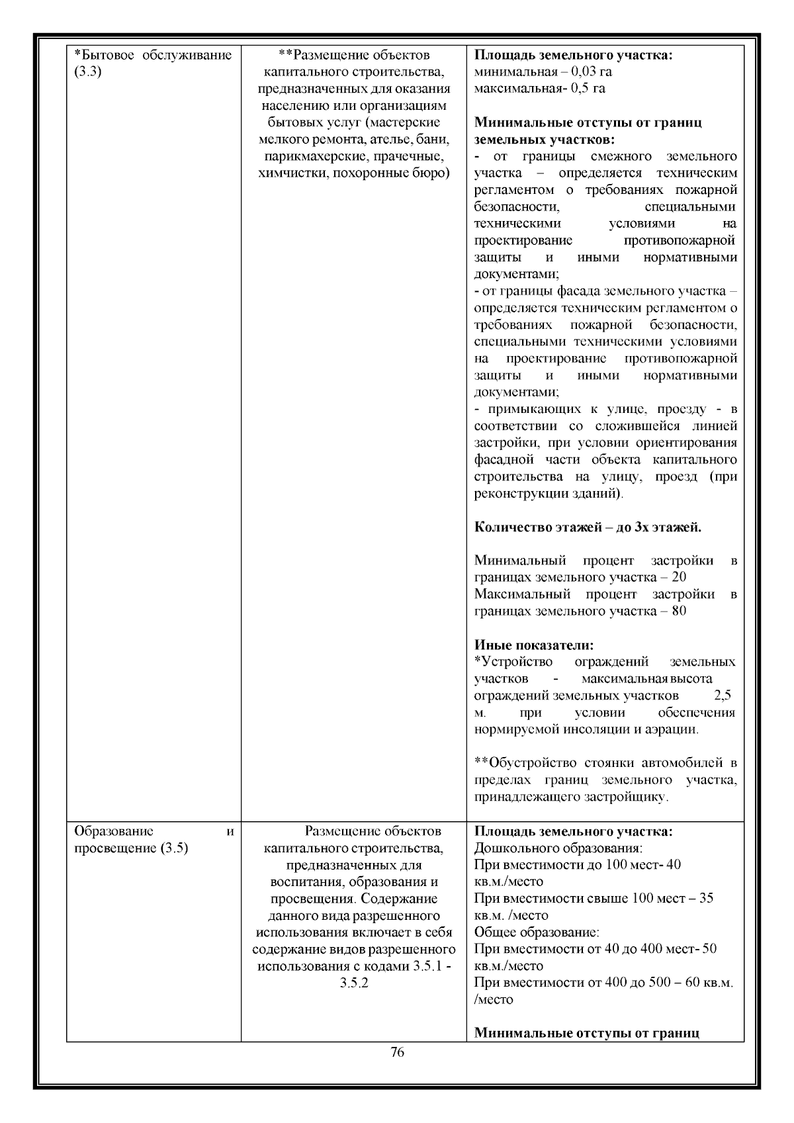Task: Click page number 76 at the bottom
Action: [397, 1052]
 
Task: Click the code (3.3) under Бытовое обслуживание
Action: [87, 72]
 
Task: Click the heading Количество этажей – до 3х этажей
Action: [588, 527]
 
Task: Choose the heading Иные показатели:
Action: [534, 645]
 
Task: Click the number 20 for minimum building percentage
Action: [678, 577]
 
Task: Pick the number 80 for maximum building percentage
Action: [678, 611]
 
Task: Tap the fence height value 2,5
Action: [723, 696]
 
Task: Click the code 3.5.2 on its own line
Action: [353, 983]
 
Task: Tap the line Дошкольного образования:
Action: [559, 848]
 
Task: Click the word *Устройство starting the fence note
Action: [513, 662]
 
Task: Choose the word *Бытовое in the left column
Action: [103, 55]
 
